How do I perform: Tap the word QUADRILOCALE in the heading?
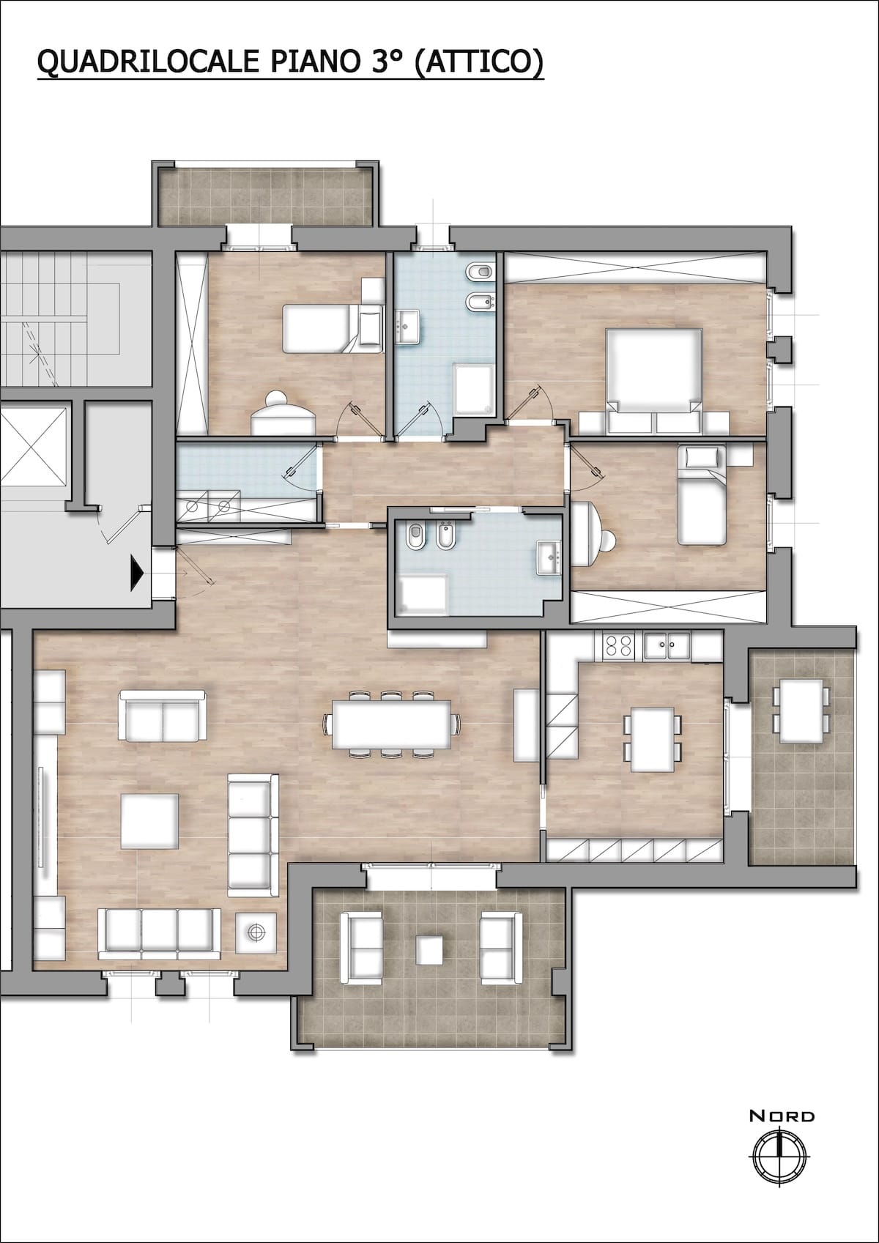[149, 61]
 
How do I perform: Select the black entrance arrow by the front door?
[137, 572]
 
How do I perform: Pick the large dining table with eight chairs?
[392, 724]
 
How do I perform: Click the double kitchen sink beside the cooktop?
[667, 645]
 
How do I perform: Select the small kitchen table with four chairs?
[653, 739]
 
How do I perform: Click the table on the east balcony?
[801, 710]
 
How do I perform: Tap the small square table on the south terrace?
[430, 950]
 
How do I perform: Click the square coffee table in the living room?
[150, 820]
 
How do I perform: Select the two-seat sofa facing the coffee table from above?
[163, 716]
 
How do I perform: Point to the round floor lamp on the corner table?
[256, 933]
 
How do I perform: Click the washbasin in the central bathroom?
[548, 557]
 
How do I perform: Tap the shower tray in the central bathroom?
[423, 595]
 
